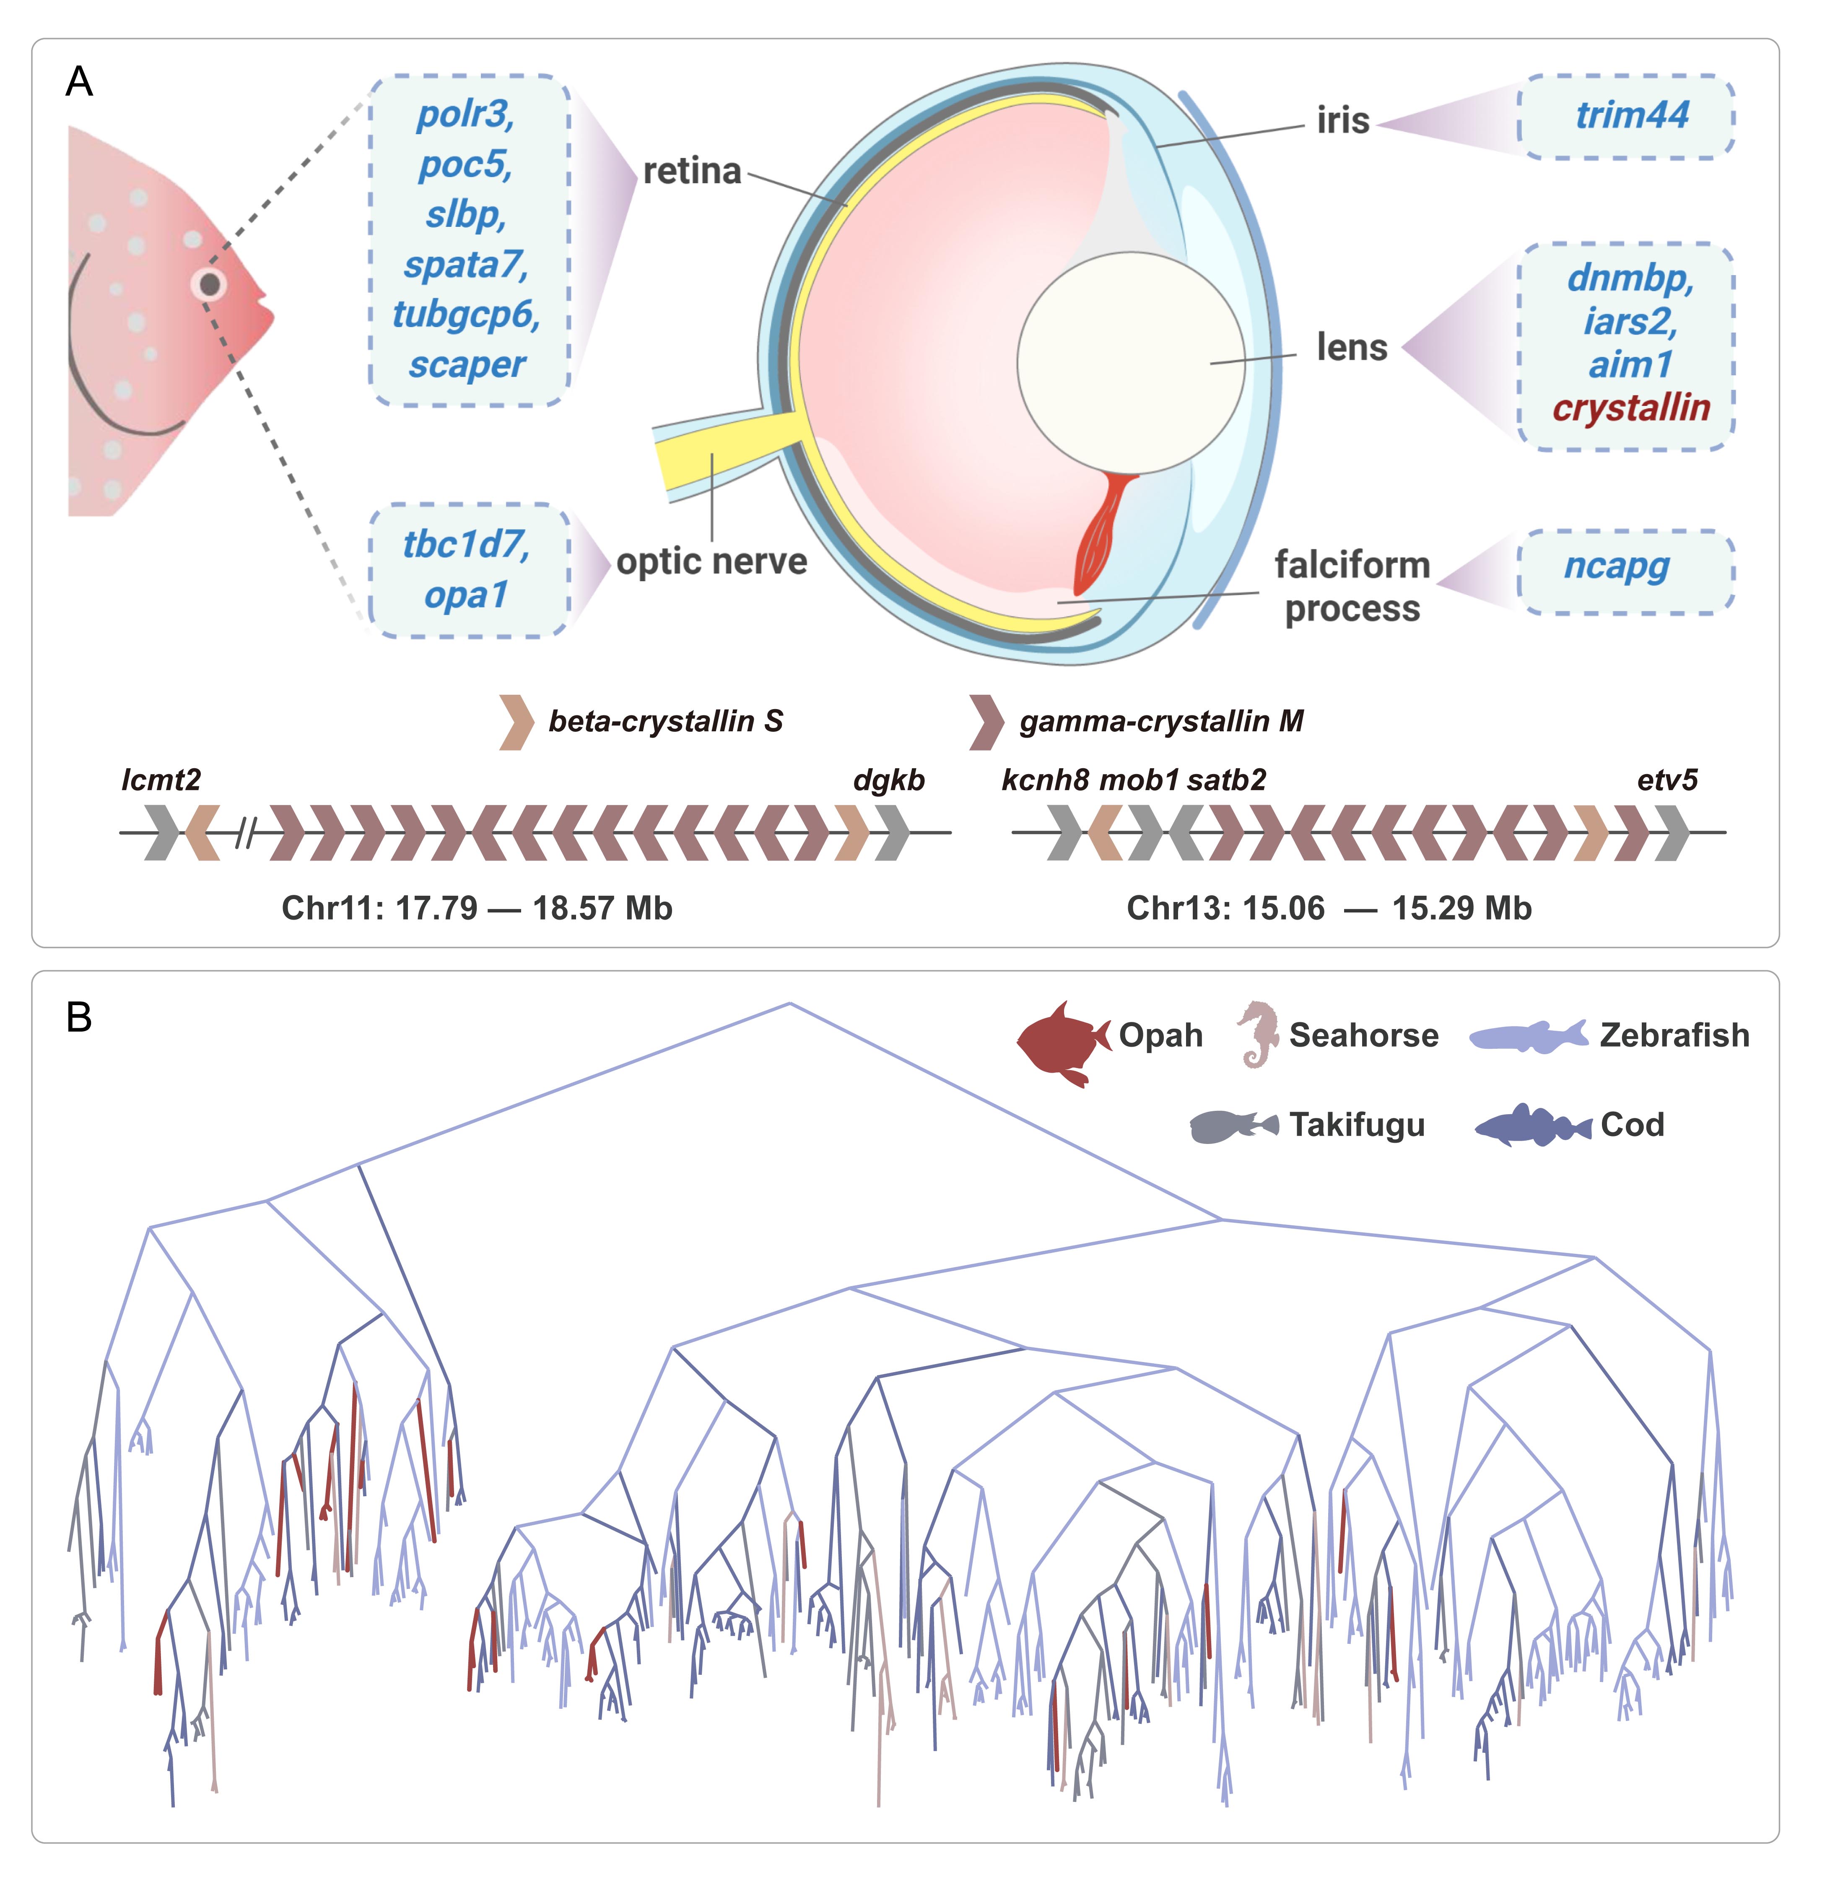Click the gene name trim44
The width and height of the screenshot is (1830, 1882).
pyautogui.click(x=1632, y=115)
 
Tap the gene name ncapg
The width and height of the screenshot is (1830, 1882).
pyautogui.click(x=1617, y=567)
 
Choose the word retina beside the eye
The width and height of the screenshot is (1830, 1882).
pyautogui.click(x=692, y=171)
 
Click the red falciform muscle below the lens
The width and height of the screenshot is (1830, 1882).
pyautogui.click(x=1103, y=533)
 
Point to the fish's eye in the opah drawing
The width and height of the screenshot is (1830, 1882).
pyautogui.click(x=210, y=283)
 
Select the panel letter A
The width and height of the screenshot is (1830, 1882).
pyautogui.click(x=79, y=82)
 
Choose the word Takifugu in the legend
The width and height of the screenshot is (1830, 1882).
pyautogui.click(x=1357, y=1125)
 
